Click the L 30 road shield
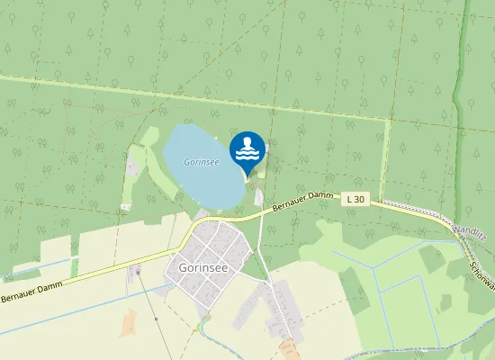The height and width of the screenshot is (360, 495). click(x=355, y=198)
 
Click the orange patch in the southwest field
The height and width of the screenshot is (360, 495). click(x=130, y=322)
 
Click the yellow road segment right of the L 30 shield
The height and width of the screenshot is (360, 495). click(x=396, y=205)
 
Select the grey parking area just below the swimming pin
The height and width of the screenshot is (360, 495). click(x=259, y=195)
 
